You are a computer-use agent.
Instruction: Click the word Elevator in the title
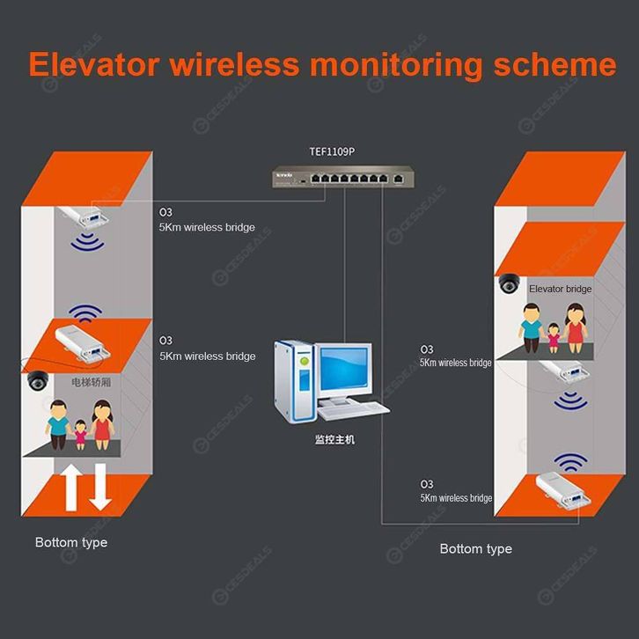point(94,64)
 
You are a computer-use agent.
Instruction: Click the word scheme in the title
point(555,64)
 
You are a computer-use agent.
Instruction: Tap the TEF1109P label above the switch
point(332,151)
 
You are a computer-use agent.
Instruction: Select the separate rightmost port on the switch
point(399,179)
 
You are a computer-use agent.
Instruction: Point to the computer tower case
point(295,381)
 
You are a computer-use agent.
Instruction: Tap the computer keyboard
point(353,411)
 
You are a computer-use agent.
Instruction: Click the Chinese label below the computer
point(334,439)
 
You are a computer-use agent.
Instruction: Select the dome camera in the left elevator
point(38,380)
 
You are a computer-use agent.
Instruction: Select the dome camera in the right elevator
point(510,283)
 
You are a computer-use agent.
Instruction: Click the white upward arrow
point(71,487)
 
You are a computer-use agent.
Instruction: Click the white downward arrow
point(100,487)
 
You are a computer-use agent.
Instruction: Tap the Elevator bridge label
point(560,289)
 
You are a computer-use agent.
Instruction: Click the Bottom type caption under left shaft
point(71,542)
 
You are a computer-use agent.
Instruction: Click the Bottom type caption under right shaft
point(476,549)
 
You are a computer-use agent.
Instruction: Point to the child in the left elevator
point(80,435)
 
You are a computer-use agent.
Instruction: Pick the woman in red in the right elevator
point(575,328)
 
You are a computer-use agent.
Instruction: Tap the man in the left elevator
point(58,424)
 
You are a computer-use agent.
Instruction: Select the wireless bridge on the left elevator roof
point(83,343)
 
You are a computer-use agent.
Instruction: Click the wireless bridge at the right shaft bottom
point(563,489)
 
